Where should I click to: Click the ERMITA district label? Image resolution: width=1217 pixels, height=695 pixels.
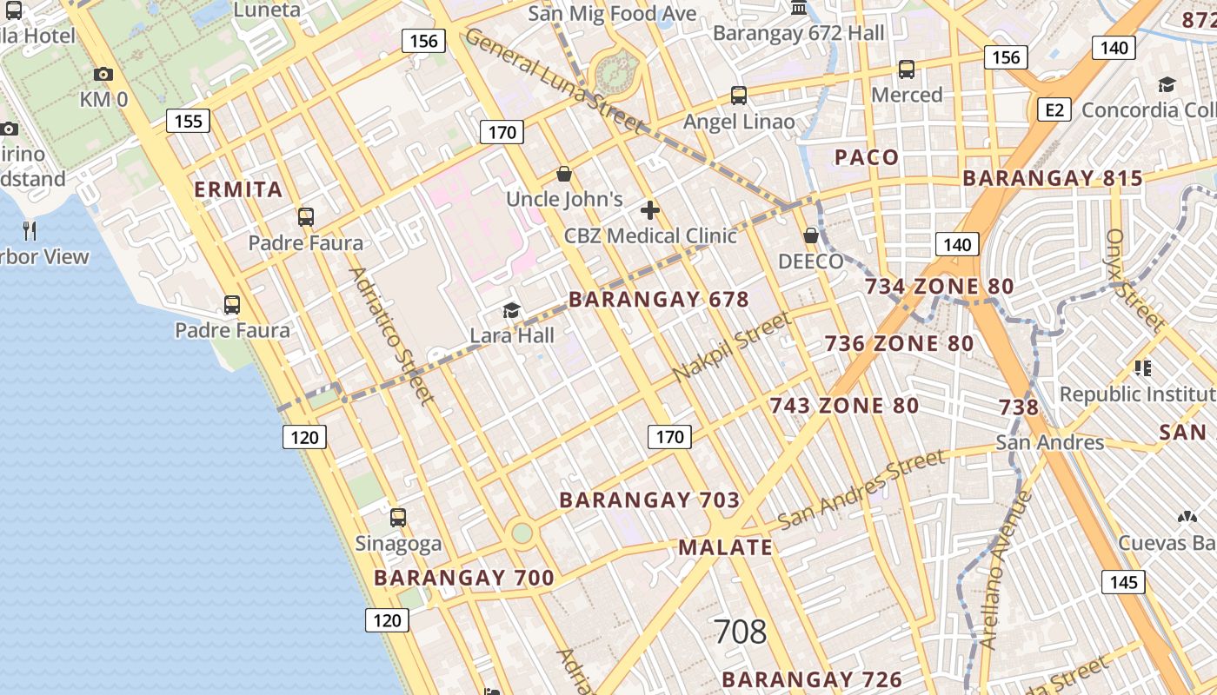click(x=238, y=189)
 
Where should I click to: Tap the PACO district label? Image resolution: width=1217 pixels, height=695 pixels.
click(x=867, y=157)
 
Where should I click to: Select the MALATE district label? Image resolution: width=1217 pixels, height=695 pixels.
click(x=725, y=547)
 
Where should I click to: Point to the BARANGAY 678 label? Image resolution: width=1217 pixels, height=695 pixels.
click(x=658, y=300)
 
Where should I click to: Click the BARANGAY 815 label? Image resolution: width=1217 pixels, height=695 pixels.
click(x=1053, y=178)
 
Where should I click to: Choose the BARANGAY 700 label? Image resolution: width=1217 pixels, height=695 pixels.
click(x=463, y=578)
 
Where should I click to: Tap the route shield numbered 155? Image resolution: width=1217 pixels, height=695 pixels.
click(x=188, y=121)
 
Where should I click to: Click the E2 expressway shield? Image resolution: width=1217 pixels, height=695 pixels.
click(x=1054, y=110)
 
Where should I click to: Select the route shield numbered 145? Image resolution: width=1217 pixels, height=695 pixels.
click(x=1123, y=581)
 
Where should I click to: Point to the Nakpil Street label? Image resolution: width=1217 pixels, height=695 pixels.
click(x=733, y=347)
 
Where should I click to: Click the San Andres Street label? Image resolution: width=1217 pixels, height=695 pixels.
click(x=861, y=490)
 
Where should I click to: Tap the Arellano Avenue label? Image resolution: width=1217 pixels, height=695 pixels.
click(x=1004, y=570)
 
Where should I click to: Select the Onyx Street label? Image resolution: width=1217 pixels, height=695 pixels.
click(x=1134, y=280)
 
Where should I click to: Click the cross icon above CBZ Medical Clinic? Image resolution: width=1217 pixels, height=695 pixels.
click(x=649, y=210)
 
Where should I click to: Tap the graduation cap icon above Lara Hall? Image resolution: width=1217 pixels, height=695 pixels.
click(x=511, y=310)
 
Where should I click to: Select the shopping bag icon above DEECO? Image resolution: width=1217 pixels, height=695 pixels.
click(x=811, y=235)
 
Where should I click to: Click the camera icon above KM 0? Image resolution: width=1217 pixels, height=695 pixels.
click(x=103, y=75)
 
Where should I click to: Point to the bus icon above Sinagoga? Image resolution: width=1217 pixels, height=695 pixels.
click(x=398, y=518)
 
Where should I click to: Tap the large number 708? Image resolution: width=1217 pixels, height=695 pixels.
click(x=740, y=632)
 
